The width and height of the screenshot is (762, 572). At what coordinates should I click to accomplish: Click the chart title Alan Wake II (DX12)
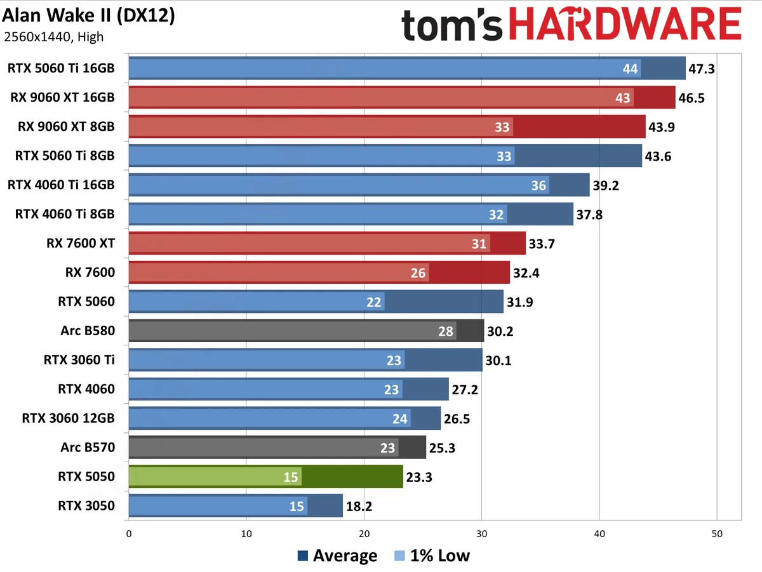click(x=89, y=15)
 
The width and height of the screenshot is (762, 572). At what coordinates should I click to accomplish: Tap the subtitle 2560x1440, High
click(x=53, y=37)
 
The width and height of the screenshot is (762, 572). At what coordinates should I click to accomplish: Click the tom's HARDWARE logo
click(x=571, y=26)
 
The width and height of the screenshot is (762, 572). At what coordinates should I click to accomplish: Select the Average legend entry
click(x=337, y=556)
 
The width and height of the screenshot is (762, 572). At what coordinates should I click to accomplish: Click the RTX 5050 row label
click(x=86, y=476)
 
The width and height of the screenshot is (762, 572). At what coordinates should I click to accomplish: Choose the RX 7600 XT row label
click(x=81, y=243)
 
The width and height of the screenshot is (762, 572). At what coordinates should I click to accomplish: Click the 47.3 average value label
click(x=702, y=69)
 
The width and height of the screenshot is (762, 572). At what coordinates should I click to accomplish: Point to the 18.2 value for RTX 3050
click(x=359, y=506)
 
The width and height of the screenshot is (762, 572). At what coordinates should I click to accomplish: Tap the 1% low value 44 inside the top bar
click(x=631, y=69)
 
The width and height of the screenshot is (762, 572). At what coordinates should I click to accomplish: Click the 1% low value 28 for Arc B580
click(x=446, y=331)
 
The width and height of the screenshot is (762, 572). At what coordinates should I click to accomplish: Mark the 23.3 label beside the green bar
click(x=418, y=477)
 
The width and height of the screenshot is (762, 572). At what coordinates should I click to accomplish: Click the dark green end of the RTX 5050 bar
click(x=352, y=476)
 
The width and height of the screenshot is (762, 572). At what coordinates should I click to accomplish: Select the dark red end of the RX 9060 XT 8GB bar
click(x=579, y=126)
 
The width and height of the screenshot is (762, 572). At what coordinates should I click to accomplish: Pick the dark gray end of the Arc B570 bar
click(x=412, y=447)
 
